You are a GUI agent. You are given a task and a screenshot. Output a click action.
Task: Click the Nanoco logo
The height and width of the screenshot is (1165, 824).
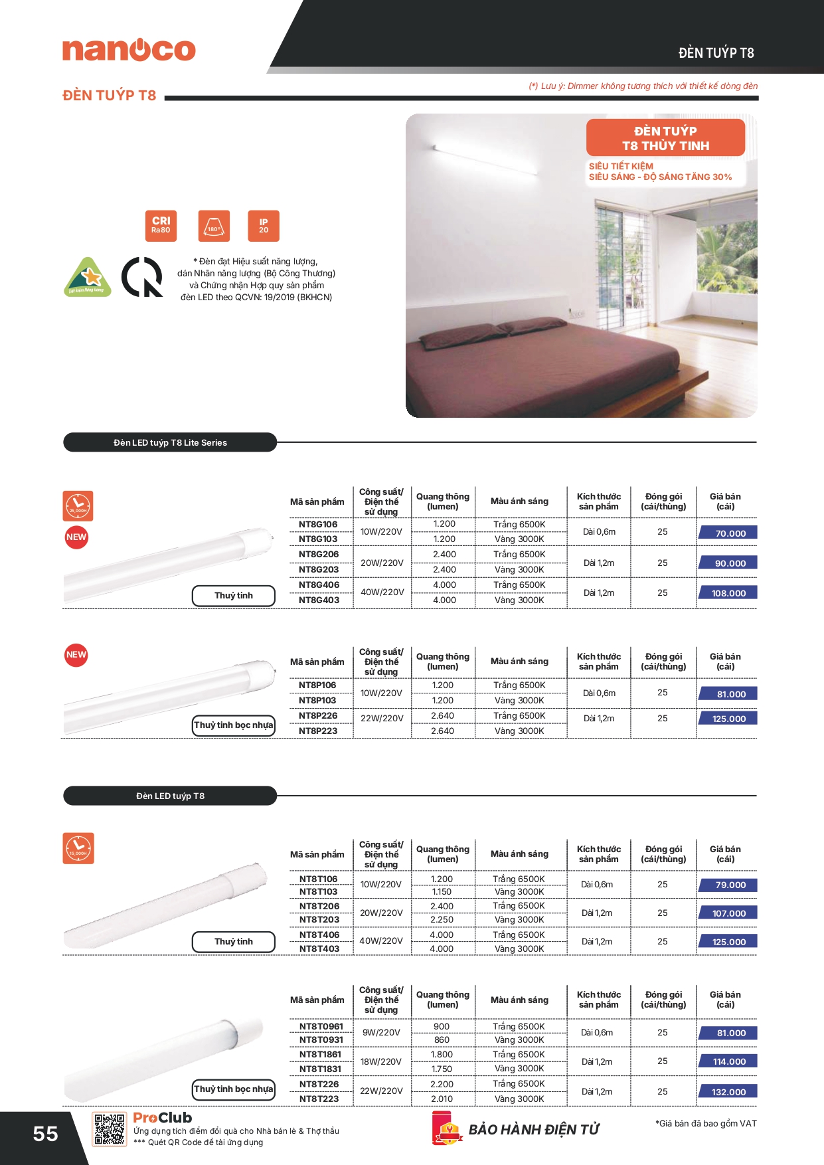point(129,50)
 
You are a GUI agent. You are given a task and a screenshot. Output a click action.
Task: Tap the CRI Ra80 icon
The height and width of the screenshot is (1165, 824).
point(161,226)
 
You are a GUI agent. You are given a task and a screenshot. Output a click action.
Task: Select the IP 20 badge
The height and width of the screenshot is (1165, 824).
point(264,226)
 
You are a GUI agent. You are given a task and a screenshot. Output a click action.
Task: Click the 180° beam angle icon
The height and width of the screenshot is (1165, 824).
point(214,226)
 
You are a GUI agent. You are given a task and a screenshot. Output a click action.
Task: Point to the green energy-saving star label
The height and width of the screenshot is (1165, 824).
point(87,277)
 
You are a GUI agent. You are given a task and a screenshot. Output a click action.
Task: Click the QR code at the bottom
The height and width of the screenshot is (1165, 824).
point(109,1129)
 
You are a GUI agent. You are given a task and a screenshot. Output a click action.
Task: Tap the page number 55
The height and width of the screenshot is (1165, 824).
point(45,1134)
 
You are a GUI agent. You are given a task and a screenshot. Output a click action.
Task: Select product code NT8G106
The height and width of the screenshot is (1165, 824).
point(318,524)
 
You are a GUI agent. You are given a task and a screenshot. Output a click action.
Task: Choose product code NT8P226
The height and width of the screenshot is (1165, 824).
point(318,715)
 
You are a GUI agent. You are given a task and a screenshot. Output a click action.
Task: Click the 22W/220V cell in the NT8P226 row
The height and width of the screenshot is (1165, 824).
point(382,718)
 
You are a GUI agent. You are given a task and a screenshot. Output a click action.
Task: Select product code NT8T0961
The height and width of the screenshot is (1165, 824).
point(321,1026)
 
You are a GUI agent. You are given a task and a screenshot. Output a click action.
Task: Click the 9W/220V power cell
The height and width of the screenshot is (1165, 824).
point(381,1032)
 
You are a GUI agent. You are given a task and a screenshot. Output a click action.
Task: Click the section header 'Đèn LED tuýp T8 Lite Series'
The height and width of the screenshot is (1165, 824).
point(170,442)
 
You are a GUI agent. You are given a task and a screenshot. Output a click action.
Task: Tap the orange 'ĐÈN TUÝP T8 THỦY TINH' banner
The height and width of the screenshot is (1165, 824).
point(665,138)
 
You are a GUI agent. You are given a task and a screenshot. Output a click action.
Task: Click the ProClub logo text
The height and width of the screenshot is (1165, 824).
point(162,1118)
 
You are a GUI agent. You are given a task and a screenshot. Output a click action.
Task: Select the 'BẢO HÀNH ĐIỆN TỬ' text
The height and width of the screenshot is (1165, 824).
point(534,1130)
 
